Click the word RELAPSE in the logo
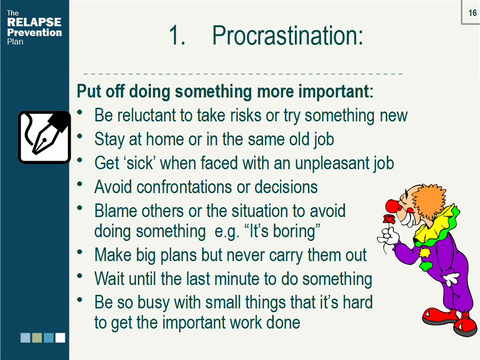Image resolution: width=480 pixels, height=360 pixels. click(34, 22)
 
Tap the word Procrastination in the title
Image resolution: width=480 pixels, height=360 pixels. click(287, 36)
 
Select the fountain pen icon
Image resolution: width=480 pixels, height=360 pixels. click(44, 137)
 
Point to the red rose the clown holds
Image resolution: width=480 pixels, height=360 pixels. click(389, 219)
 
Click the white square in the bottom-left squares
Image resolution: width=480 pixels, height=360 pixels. click(60, 337)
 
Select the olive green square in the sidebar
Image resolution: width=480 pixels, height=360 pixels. click(37, 337)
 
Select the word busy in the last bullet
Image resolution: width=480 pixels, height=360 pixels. click(154, 302)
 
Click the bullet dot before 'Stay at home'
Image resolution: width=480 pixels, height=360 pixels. click(81, 136)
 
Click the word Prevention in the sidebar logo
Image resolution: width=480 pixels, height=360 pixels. click(34, 32)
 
